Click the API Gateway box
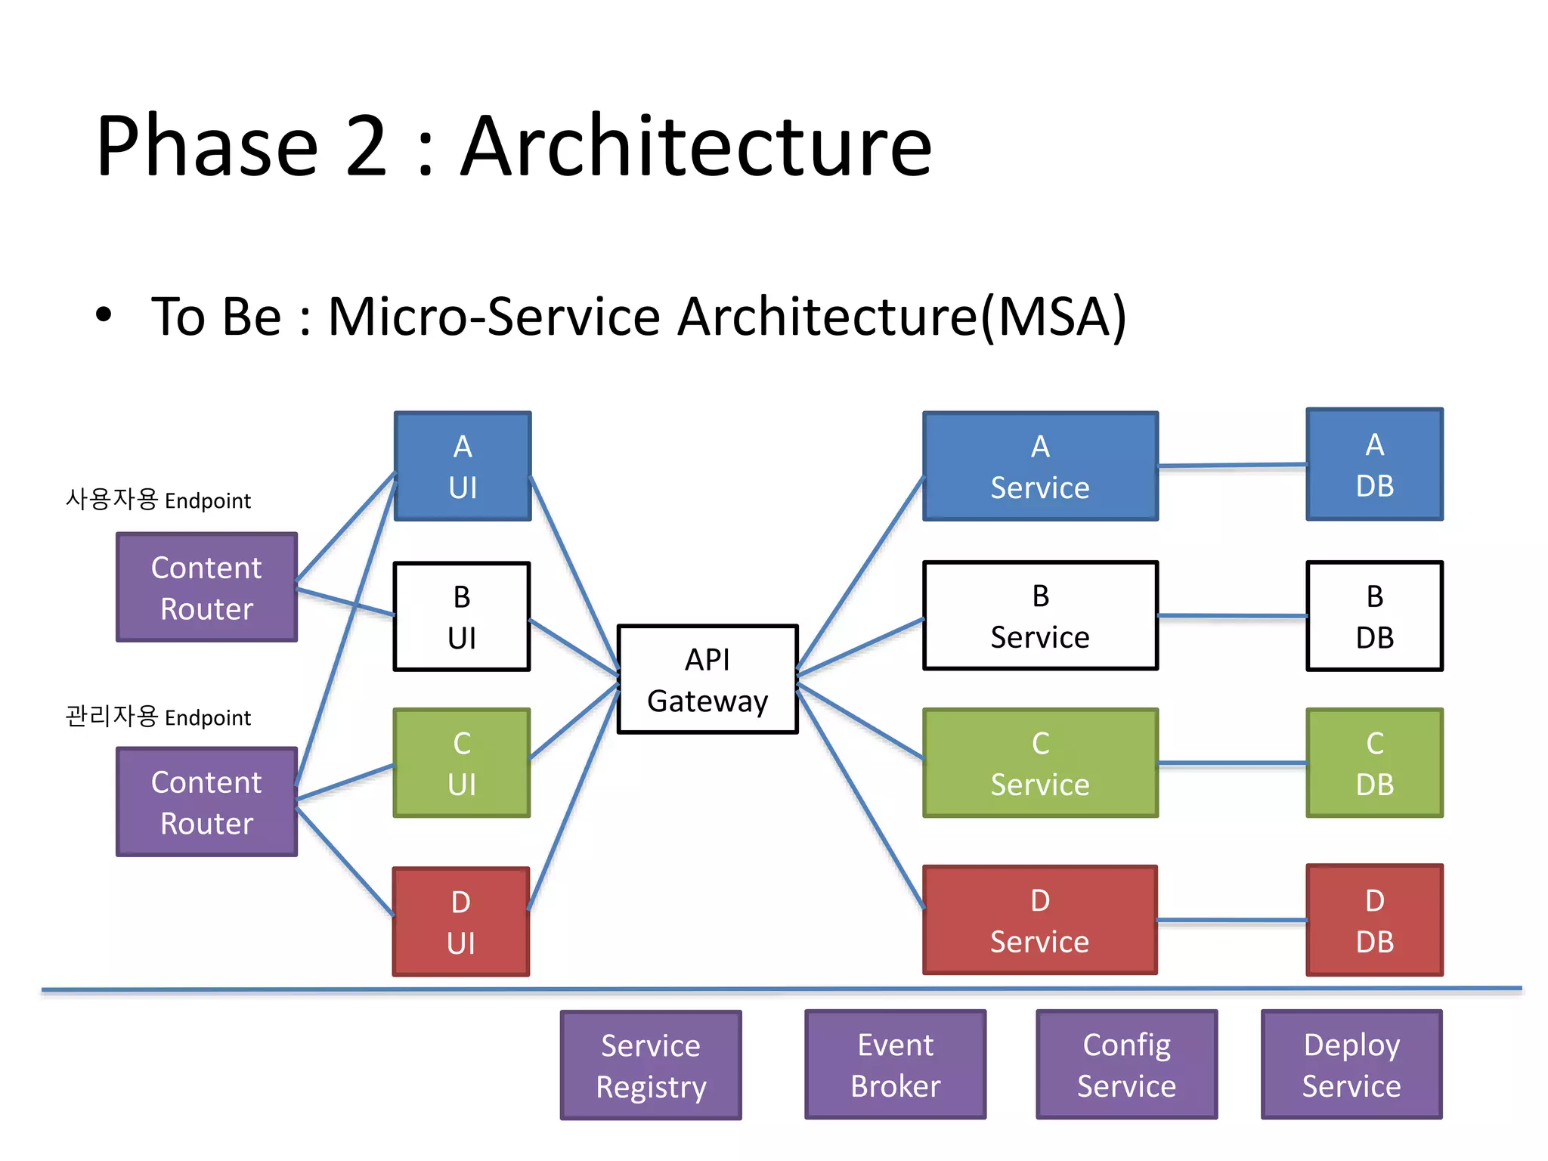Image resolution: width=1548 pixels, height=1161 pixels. [x=707, y=680]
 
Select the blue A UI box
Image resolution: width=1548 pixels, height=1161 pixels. [x=463, y=466]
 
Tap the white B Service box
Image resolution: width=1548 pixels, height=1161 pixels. [x=1040, y=616]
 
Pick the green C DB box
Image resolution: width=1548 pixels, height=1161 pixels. [x=1374, y=763]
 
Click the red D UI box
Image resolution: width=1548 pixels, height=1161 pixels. [x=461, y=922]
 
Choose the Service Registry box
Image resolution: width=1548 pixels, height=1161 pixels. [x=651, y=1065]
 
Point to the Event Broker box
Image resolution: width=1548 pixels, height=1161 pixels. [x=896, y=1064]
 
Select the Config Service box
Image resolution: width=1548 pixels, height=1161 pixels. [x=1126, y=1064]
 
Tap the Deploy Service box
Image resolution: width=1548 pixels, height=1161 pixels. [x=1351, y=1064]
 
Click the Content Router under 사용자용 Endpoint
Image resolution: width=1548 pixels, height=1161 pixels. [x=206, y=587]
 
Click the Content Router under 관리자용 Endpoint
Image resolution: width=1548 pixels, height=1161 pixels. [x=206, y=802]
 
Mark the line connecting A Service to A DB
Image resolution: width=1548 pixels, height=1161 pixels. [x=1232, y=466]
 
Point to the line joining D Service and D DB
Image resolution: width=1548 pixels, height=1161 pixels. [x=1232, y=920]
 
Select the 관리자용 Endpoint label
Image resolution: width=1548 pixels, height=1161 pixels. [x=158, y=716]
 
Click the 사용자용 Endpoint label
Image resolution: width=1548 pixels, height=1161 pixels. [x=158, y=500]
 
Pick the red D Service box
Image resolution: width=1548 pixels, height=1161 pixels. [x=1040, y=920]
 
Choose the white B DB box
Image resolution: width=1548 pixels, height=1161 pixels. [x=1374, y=616]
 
